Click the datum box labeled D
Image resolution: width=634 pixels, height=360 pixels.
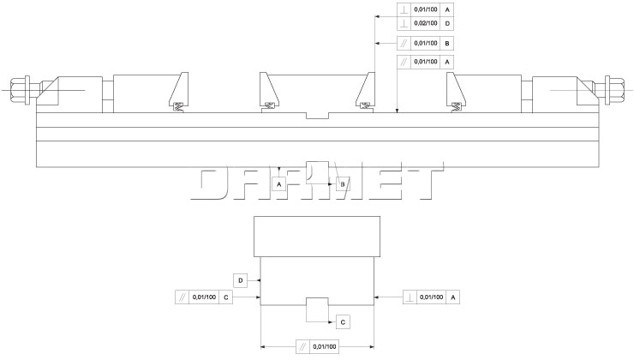click(240, 281)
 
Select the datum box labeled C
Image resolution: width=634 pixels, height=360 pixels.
click(343, 322)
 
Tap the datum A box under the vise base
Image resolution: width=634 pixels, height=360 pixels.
click(279, 184)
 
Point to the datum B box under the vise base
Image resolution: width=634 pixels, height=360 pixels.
click(343, 184)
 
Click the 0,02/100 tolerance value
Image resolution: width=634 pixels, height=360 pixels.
click(425, 23)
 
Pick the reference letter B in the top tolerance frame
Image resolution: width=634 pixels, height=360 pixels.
click(446, 43)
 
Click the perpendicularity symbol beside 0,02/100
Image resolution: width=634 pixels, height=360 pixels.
click(404, 23)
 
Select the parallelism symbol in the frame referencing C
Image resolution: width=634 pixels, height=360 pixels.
click(182, 297)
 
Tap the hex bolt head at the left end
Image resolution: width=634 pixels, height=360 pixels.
click(19, 90)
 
